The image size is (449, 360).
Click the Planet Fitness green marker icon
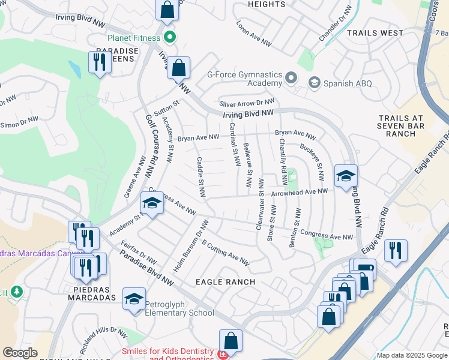pos(170,38)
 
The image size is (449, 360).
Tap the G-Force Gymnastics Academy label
pos(244,79)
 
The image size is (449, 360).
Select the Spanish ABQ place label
pos(348,83)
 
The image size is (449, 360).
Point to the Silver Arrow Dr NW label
pos(247,102)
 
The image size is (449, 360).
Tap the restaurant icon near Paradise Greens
pos(99,62)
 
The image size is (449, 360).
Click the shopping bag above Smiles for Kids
pos(231,341)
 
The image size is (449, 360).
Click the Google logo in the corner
pos(20,353)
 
